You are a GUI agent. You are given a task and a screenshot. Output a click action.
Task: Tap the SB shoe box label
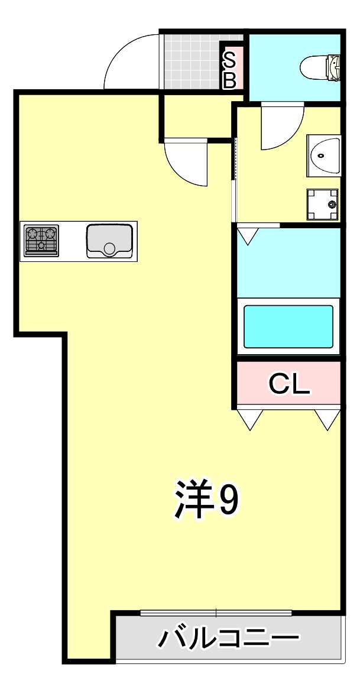(229, 70)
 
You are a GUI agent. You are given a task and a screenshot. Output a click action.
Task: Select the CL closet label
(289, 384)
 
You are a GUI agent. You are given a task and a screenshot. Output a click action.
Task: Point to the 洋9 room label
(206, 500)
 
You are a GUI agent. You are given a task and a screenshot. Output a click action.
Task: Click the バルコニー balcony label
(228, 639)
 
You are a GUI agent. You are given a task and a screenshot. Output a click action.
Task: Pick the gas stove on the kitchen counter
(41, 240)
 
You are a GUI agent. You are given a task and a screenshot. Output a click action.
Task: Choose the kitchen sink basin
(109, 240)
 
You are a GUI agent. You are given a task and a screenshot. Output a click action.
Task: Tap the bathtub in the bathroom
(288, 326)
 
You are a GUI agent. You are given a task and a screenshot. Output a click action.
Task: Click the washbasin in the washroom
(324, 156)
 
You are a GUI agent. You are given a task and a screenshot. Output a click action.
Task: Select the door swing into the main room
(186, 163)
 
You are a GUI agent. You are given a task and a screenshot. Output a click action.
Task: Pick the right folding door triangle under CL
(326, 418)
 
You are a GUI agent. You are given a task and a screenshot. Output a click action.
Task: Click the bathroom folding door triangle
(248, 236)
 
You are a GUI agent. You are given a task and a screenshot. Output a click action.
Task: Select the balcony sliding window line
(216, 613)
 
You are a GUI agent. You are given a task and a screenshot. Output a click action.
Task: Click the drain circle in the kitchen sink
(109, 248)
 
